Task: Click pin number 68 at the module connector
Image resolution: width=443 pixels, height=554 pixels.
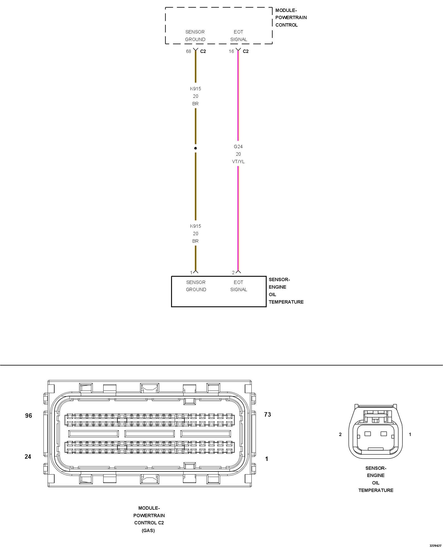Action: (188, 51)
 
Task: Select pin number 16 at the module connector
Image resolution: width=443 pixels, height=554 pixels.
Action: (231, 51)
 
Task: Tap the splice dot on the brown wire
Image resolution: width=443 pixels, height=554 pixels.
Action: (195, 148)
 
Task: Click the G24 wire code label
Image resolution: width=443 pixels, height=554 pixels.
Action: (238, 147)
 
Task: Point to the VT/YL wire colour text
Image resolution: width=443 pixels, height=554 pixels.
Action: (238, 161)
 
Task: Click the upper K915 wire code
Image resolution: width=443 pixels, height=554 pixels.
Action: (195, 89)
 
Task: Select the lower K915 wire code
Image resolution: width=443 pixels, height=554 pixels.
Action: (195, 226)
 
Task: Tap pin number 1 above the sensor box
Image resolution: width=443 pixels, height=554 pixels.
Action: (191, 273)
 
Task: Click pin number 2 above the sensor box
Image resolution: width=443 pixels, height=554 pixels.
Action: (233, 273)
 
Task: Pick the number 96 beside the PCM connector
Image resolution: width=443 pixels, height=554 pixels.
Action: (29, 416)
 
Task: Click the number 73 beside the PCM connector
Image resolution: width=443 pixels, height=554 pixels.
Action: (267, 414)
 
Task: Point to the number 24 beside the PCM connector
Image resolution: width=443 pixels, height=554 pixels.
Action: (28, 457)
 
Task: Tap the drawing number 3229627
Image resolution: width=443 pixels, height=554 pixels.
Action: (435, 546)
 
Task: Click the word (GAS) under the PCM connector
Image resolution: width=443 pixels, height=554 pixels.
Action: (148, 530)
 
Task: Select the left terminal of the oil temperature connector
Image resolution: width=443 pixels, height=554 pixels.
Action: (367, 434)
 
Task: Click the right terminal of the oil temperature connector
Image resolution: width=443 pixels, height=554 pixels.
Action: (383, 434)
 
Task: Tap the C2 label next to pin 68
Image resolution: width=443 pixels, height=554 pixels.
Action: (203, 51)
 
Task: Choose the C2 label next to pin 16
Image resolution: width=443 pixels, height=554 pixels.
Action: (246, 51)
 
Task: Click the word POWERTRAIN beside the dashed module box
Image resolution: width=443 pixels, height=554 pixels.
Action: (291, 17)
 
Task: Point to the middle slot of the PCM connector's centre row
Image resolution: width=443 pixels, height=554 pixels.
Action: (150, 434)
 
